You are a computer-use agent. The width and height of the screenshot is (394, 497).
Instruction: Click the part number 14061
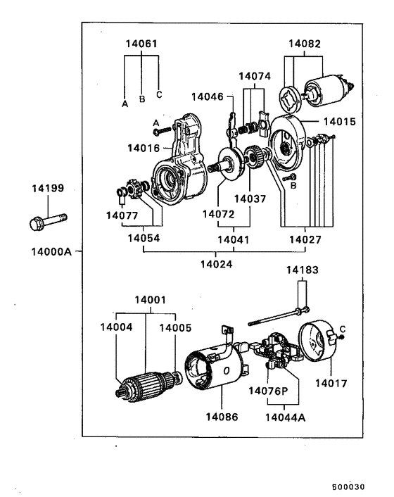pos(141,44)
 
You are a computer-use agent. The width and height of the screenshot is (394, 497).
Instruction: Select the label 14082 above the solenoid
pos(305,44)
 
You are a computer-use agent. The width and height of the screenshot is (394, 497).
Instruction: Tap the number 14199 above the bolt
pos(48,188)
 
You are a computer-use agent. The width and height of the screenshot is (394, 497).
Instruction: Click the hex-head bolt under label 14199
pos(48,222)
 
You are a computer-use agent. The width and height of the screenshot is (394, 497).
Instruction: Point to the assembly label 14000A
pos(51,252)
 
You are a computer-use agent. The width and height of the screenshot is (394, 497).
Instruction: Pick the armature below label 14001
pos(148,386)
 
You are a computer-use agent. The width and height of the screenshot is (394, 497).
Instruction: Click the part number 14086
pos(222,417)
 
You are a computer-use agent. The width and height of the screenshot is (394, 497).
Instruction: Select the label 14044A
pos(286,417)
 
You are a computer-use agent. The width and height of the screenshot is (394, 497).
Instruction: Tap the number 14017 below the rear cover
pos(331,384)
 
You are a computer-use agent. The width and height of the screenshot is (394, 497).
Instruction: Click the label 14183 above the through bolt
pos(302,270)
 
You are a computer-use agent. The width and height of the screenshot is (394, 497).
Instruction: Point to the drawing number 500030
pos(348,487)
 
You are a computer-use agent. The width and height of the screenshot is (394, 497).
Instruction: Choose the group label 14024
pos(216,264)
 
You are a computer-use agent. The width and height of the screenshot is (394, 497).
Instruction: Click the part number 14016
pos(144,148)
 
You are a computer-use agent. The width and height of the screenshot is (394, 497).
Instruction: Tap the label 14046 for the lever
pos(208,96)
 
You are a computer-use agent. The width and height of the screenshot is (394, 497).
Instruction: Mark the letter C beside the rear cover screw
pos(343,329)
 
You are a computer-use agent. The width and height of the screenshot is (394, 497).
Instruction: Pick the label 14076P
pos(268,391)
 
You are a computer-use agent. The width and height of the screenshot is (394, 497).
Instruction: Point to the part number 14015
pos(340,122)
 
